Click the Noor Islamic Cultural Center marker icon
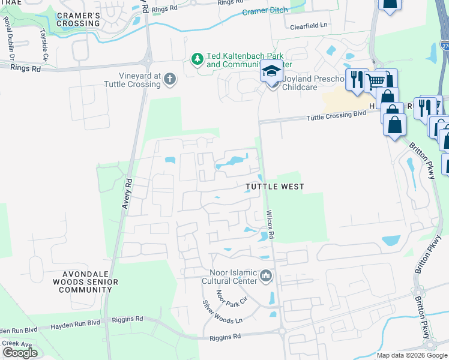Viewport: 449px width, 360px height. pos(267,277)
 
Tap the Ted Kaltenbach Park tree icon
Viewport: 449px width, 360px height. pos(197,59)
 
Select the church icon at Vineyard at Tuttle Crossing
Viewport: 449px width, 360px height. pos(170,79)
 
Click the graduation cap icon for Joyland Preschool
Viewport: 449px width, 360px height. pos(271,71)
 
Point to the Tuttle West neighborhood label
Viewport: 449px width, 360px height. pos(275,187)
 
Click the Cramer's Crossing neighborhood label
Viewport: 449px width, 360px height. pos(79,19)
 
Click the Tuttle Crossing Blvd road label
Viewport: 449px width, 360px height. pos(336,116)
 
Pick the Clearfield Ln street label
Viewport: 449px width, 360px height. pos(309,26)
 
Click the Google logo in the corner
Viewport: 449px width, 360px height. pos(19,353)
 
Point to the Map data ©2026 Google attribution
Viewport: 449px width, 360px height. pos(412,355)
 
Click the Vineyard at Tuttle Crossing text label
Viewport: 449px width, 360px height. pos(131,80)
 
